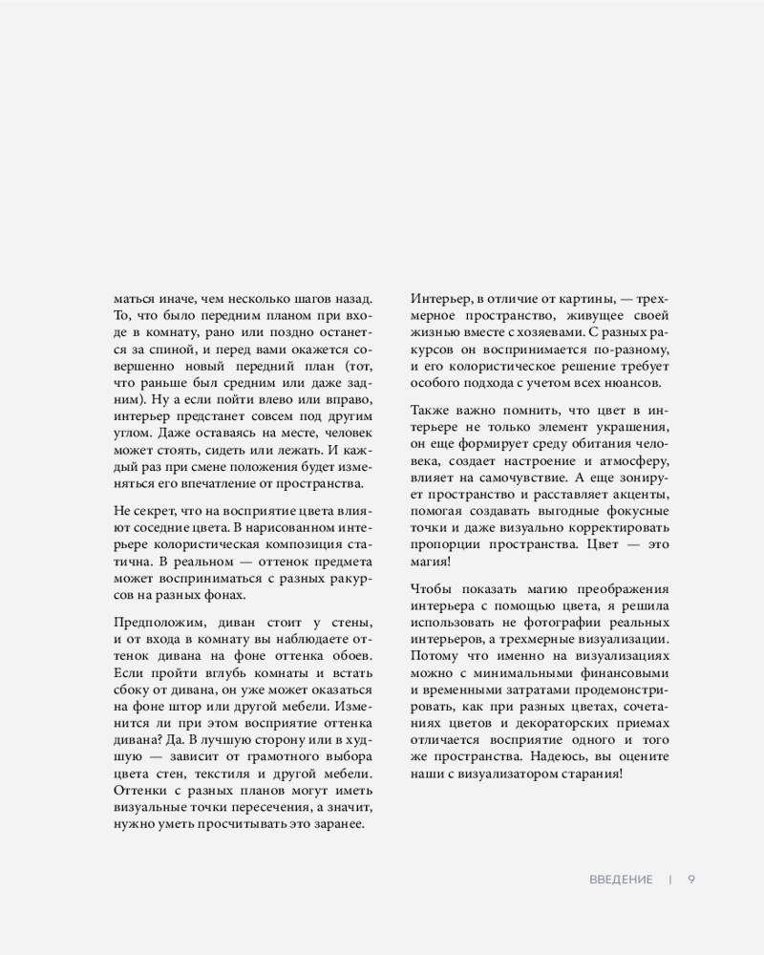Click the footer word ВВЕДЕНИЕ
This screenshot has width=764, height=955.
621,880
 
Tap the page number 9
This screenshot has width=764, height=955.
690,880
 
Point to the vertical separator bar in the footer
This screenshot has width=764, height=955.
670,880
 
